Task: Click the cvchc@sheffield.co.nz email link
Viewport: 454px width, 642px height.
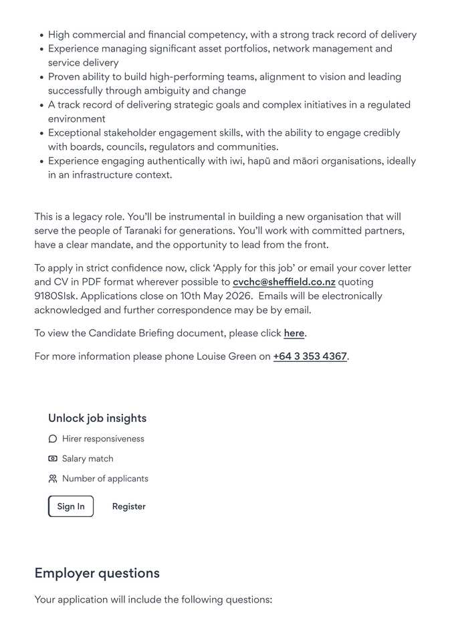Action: click(x=283, y=282)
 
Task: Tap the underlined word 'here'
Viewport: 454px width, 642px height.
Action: click(x=294, y=333)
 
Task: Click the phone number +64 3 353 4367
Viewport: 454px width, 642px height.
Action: click(x=310, y=356)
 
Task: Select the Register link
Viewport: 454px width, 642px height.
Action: click(x=129, y=507)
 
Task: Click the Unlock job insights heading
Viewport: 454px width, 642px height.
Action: click(x=97, y=419)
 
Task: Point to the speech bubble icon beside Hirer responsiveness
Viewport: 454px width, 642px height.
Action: click(x=53, y=439)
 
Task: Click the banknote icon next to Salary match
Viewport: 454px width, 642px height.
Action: click(x=53, y=459)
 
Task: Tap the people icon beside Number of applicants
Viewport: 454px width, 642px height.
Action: click(x=53, y=479)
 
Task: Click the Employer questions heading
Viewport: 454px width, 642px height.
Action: click(x=97, y=573)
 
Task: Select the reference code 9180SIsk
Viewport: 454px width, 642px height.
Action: click(x=55, y=296)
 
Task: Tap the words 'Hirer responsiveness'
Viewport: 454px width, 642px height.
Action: click(x=103, y=439)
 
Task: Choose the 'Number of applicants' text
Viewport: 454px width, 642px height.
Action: click(x=105, y=479)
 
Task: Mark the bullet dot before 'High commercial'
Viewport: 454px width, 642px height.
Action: click(x=41, y=35)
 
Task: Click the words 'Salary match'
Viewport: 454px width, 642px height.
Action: click(x=88, y=459)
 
